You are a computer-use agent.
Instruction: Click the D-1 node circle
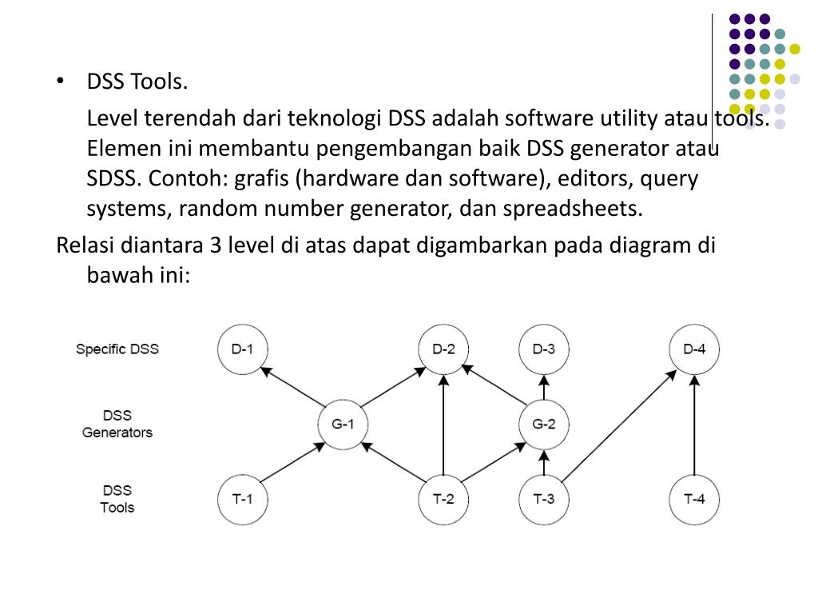tap(242, 349)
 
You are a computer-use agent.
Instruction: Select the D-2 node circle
tap(443, 349)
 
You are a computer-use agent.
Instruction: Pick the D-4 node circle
tap(694, 349)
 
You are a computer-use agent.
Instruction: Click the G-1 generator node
tap(343, 424)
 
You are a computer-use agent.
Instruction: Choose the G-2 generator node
tap(543, 424)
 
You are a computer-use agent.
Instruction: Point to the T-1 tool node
tap(242, 500)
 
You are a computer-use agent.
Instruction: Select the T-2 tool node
tap(443, 500)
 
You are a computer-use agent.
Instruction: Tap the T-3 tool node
tap(543, 500)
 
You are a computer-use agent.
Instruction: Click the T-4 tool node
tap(694, 500)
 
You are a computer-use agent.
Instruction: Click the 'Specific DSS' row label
tap(117, 349)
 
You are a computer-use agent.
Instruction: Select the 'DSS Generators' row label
tap(117, 424)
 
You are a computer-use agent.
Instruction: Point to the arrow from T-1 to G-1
tap(292, 462)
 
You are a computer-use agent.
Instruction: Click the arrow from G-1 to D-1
tap(292, 387)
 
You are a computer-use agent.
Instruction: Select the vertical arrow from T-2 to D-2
tap(443, 424)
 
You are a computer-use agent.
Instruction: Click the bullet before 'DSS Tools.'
tap(61, 82)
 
